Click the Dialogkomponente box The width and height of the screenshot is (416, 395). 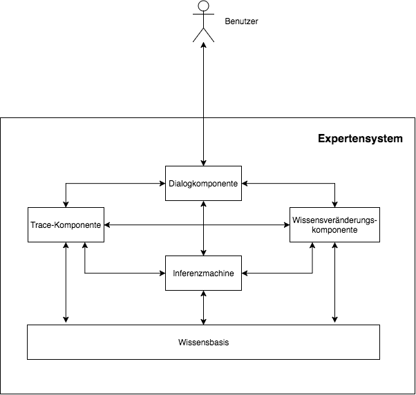203,184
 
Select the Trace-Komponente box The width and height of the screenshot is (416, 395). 66,225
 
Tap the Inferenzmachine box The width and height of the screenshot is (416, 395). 203,273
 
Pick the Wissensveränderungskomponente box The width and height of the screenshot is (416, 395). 335,225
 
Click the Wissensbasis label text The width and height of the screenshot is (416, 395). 203,343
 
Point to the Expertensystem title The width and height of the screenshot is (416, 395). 360,139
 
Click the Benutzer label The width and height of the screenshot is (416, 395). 241,21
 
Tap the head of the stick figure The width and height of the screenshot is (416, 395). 203,6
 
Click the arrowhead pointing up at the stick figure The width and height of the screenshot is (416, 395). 203,45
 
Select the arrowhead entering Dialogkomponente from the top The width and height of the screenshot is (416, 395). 203,163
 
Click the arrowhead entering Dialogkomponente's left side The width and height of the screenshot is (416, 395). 162,184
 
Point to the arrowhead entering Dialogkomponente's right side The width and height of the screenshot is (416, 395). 245,184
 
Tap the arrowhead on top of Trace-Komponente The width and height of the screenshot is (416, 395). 66,204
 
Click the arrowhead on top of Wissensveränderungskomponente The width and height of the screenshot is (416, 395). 335,204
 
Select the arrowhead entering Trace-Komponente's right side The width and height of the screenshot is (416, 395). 107,225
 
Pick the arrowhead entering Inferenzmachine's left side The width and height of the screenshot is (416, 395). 162,273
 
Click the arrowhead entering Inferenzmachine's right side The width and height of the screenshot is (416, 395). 245,273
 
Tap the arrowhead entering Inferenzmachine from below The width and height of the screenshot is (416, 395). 203,293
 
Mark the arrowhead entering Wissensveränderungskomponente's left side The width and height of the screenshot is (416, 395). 287,225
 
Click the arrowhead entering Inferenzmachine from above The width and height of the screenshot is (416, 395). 203,253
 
